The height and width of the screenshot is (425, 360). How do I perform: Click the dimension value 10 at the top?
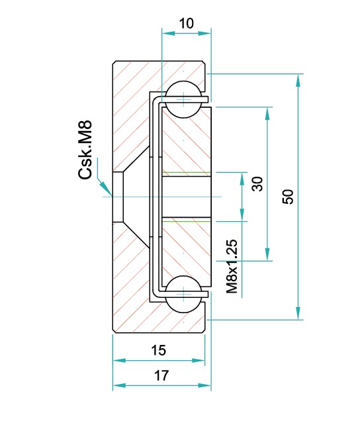(187, 23)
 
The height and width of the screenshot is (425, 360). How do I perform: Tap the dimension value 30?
(258, 183)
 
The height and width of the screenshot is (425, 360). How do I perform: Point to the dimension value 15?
(158, 350)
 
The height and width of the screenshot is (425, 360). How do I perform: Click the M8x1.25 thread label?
(232, 267)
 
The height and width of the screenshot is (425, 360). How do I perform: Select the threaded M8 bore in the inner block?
(186, 197)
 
